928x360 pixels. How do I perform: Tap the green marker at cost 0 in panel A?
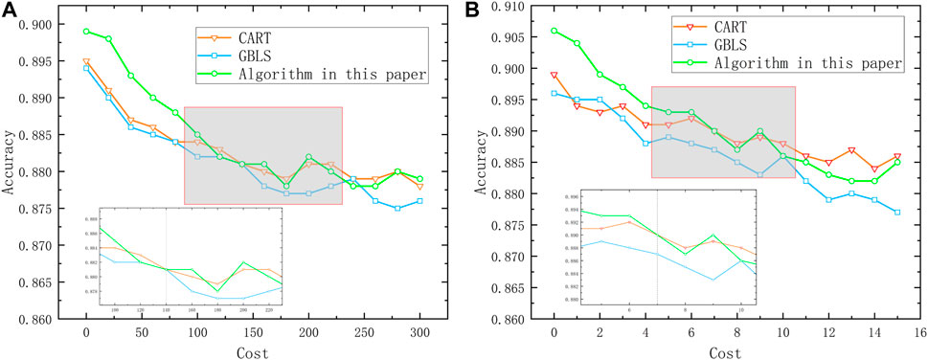pos(86,32)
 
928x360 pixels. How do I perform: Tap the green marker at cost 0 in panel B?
pos(554,31)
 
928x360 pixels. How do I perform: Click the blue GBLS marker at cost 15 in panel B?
pos(896,213)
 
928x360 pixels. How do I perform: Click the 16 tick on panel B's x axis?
pos(919,332)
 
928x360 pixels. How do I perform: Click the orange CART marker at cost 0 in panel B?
pos(554,75)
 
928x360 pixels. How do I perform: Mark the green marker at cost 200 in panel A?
pos(308,157)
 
